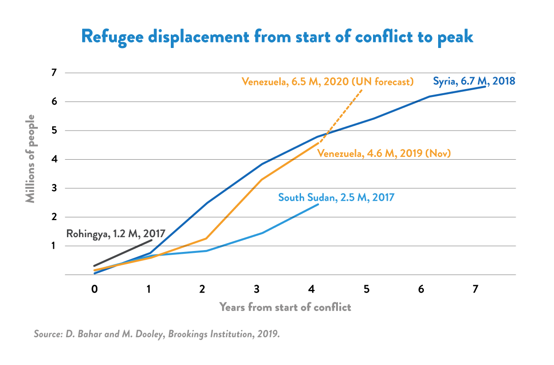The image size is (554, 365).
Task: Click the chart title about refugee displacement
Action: coord(277,36)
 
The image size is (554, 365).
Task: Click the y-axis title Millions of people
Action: coord(30,159)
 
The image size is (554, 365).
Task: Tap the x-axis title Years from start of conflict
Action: coord(285,307)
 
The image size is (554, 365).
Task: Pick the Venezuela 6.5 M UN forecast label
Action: coord(327,82)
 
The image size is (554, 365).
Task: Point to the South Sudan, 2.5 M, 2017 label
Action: coord(336,197)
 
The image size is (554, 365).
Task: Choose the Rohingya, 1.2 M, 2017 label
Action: coord(115,233)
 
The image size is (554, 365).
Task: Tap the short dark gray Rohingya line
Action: coord(123,253)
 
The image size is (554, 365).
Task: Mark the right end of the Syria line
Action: coord(486,86)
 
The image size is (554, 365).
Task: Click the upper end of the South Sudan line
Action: coord(318,204)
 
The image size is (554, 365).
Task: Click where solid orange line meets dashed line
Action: coord(319,143)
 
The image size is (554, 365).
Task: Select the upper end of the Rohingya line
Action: coord(151,240)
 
